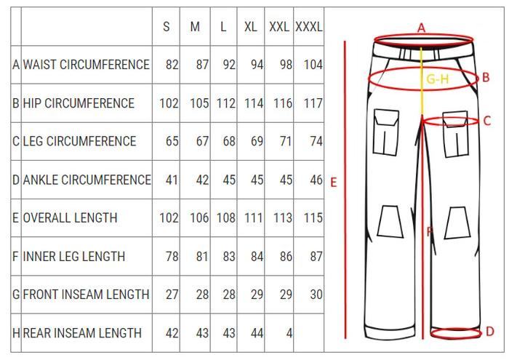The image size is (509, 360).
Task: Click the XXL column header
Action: (278, 27)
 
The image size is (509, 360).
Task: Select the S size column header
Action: (167, 27)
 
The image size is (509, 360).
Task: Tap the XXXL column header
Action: (309, 27)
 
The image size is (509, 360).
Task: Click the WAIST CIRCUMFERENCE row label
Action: (87, 65)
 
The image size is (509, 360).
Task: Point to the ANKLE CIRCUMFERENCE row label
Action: (87, 180)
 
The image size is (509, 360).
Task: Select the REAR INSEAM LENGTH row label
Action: (82, 333)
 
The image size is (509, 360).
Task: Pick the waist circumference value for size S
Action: (172, 65)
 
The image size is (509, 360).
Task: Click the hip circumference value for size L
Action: (226, 103)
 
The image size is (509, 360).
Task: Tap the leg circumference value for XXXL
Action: (316, 141)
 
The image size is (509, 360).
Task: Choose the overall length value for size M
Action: (199, 217)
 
